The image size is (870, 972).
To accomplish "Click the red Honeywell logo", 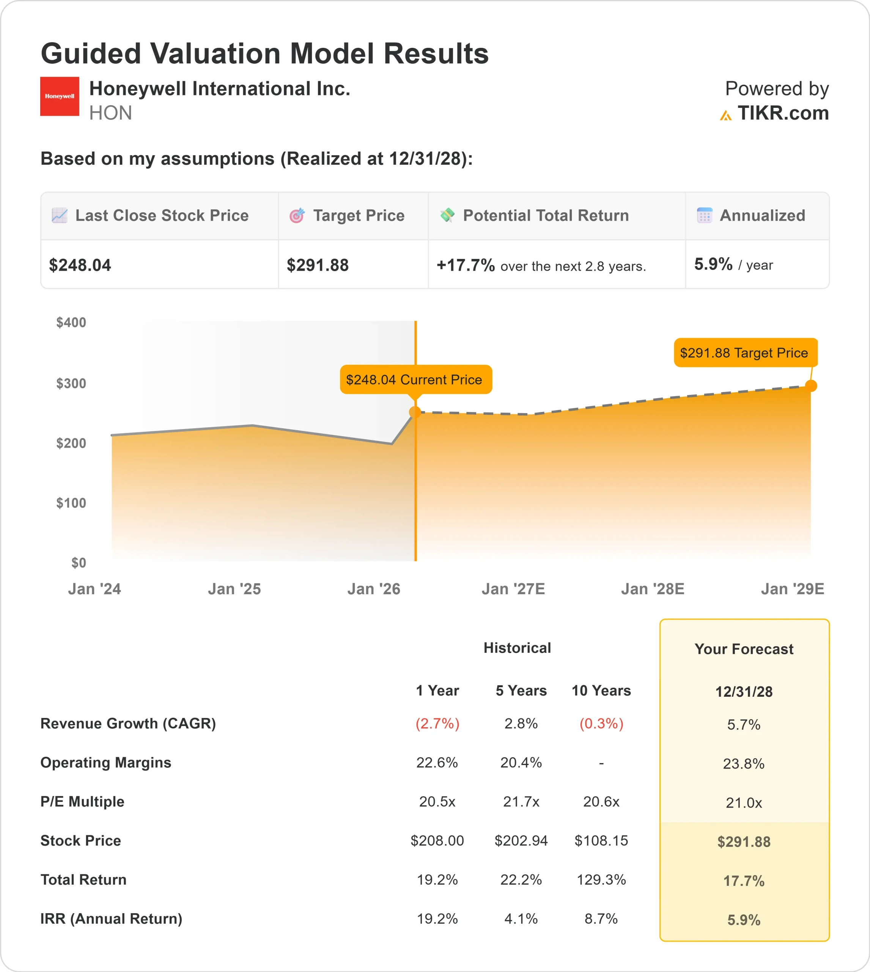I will click(59, 96).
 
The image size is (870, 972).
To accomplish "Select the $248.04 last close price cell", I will click(80, 265).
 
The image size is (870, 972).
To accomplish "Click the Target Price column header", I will click(358, 216).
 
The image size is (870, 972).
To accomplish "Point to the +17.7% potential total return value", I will click(465, 265).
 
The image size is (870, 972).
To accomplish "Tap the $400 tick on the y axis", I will click(71, 322).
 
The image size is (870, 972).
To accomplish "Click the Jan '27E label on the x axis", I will click(513, 589).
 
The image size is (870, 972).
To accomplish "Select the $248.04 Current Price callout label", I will click(414, 380).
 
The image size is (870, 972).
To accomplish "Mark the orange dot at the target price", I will click(811, 385).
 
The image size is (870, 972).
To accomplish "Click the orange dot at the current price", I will click(415, 412).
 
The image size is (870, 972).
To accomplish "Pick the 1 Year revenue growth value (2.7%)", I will click(437, 723).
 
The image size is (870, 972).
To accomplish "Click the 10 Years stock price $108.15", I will click(601, 841).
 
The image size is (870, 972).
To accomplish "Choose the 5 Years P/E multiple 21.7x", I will click(521, 801).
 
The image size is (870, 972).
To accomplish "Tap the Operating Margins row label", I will click(105, 762).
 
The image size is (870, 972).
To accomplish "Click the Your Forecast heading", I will click(743, 649).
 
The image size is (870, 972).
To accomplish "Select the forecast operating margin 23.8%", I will click(743, 764).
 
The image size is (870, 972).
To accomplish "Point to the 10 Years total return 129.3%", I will click(601, 879).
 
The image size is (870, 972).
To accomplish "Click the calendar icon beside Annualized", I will click(704, 216).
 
